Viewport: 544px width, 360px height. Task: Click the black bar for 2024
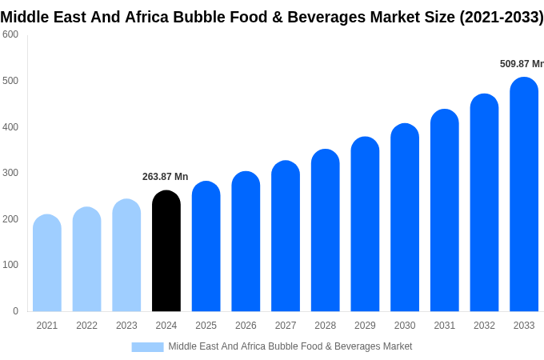[166, 252]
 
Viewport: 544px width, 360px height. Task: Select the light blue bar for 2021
[47, 264]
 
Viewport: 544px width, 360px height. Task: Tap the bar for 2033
[524, 196]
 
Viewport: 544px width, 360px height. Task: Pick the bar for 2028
[326, 232]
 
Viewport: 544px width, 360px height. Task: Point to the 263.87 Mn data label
[166, 177]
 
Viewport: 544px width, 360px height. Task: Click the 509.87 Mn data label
[521, 64]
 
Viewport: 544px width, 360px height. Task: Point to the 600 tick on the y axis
[10, 34]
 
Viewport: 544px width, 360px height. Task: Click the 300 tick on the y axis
[10, 173]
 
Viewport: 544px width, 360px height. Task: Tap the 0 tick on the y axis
[15, 311]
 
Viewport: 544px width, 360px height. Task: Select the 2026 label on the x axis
[246, 326]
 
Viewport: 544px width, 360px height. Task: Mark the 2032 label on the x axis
[484, 326]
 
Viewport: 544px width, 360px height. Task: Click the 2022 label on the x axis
[86, 326]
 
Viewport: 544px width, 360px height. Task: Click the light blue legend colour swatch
[147, 347]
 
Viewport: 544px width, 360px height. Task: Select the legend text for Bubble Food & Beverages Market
[290, 346]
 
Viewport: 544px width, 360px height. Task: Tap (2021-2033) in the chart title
[501, 17]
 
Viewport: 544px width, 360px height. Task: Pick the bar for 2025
[206, 247]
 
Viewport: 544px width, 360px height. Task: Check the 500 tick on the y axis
[10, 81]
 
